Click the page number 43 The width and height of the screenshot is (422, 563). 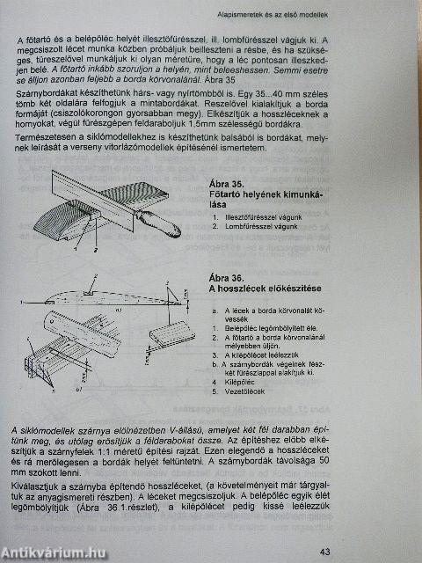pos(324,552)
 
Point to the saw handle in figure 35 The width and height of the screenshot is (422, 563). pos(163,220)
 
